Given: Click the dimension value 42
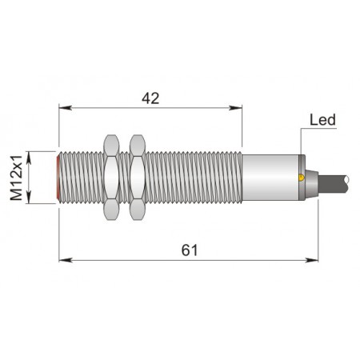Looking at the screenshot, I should tap(150, 98).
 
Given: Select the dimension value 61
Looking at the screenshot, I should tap(189, 250).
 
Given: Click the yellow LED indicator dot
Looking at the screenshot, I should tap(300, 177).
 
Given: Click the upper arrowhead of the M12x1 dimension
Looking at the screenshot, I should tap(30, 156).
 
